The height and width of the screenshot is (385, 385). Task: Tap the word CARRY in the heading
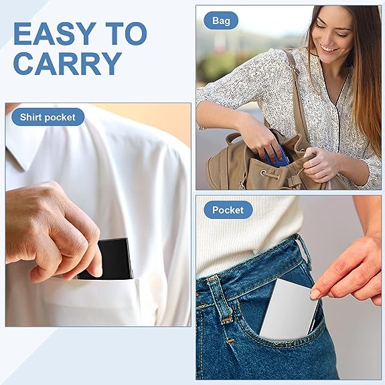click(x=68, y=64)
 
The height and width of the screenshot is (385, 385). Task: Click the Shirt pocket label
click(x=48, y=117)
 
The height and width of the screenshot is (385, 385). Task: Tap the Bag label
click(x=221, y=21)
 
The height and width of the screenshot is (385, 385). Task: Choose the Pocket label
click(x=228, y=210)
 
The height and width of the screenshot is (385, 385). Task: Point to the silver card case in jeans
click(x=290, y=310)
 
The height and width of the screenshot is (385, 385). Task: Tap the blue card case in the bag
click(x=277, y=157)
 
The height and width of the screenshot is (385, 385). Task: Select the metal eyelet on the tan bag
click(x=263, y=173)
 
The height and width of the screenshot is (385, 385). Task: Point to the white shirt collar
click(x=17, y=157)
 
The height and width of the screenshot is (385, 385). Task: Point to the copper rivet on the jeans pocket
click(x=230, y=341)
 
